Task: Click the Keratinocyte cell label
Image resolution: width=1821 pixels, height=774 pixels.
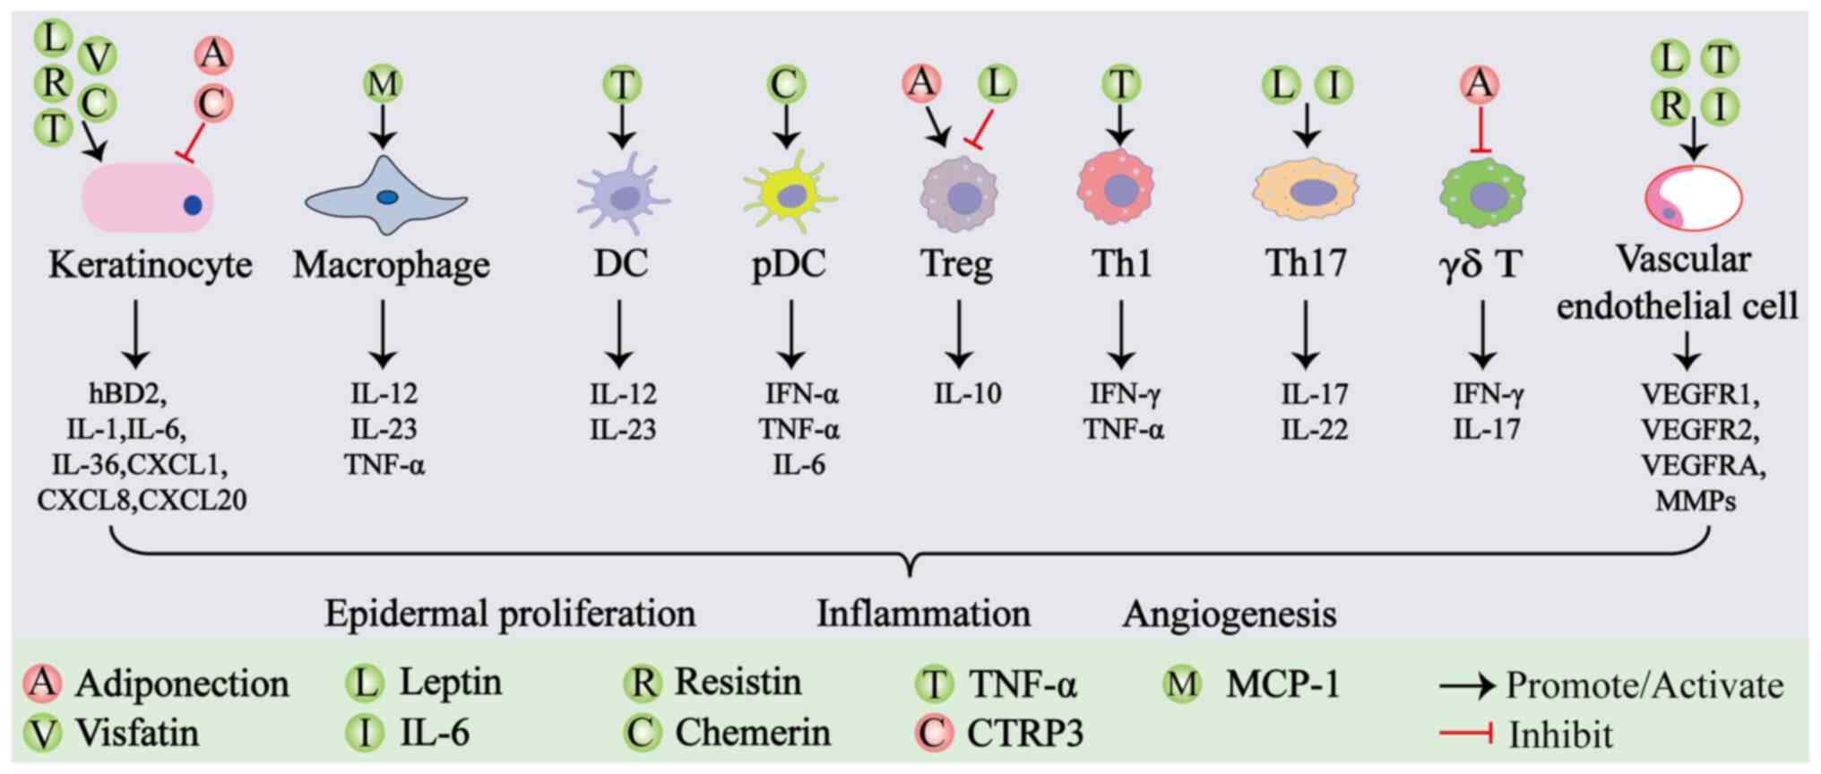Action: (150, 265)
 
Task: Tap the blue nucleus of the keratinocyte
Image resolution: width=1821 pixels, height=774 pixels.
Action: (193, 205)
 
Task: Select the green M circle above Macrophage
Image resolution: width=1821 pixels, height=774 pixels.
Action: (383, 84)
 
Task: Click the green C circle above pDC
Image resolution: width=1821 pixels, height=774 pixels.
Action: (786, 85)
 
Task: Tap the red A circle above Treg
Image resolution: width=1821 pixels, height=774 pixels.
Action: (921, 83)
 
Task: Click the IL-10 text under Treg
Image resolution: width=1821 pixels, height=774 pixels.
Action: (967, 394)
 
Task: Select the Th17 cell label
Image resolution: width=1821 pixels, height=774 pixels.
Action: (1306, 263)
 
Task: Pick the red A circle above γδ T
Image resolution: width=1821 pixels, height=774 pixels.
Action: (1480, 84)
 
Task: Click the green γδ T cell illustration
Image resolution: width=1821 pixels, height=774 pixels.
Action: (1483, 194)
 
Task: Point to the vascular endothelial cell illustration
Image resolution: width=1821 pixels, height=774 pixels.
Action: (1693, 199)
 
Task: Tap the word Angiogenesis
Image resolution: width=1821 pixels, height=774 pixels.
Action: (1229, 615)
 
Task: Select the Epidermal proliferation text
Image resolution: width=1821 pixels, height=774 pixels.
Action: (509, 615)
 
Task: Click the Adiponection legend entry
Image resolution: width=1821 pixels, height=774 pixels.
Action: (182, 684)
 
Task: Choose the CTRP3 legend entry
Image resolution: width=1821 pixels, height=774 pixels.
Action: (1024, 734)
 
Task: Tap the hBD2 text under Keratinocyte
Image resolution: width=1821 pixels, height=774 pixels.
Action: (128, 394)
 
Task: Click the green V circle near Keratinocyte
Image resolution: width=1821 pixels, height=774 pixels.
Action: (97, 57)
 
